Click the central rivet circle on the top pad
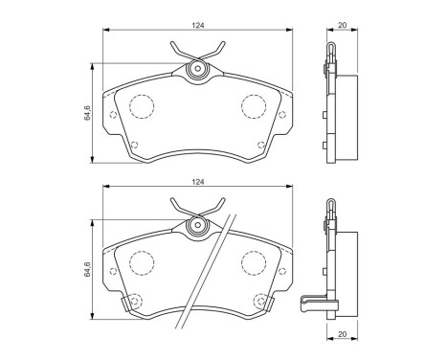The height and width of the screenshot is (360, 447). (197, 68)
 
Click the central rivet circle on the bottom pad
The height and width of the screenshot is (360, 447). (197, 225)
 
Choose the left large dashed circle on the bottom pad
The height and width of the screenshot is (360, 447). (142, 261)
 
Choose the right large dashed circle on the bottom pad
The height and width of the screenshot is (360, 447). (254, 261)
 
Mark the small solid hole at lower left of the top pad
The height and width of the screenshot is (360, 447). (132, 145)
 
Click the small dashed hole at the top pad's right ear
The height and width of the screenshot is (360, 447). (281, 116)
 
